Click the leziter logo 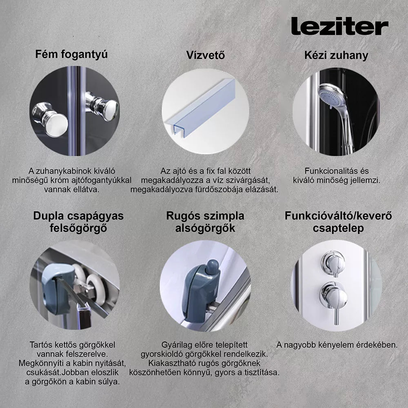coord(339,26)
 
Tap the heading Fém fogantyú coord(71,55)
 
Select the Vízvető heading coord(205,55)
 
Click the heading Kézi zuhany coord(336,55)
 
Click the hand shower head coord(332,96)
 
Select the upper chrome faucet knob coord(333,263)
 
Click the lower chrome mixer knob coord(334,295)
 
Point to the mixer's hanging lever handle coord(337,316)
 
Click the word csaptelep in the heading coord(338,228)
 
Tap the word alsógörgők coord(205,228)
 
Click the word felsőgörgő coord(78,228)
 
